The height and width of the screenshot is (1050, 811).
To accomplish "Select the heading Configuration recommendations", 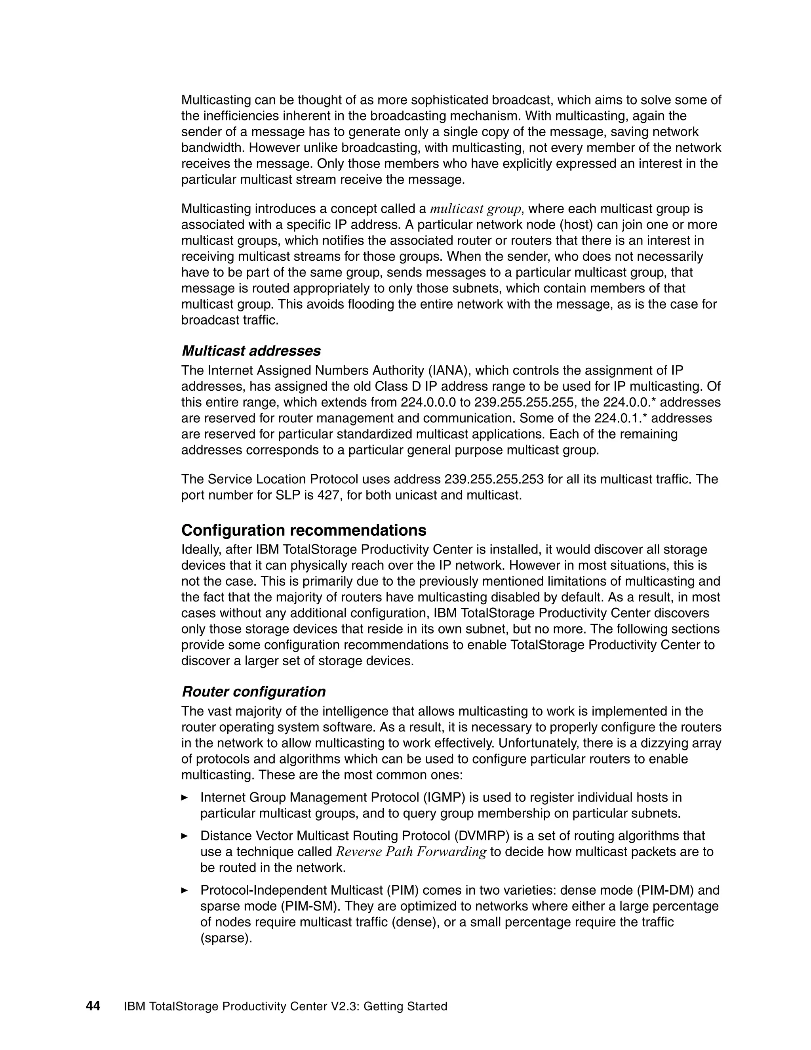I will [304, 530].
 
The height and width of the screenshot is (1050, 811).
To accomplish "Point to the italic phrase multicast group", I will [475, 209].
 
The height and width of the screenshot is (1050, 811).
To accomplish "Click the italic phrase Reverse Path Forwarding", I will [411, 852].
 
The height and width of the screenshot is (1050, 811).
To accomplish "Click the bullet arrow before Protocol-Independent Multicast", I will [185, 890].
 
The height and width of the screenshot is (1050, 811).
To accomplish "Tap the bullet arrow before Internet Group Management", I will [185, 798].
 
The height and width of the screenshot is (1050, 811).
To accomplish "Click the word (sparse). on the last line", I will [226, 938].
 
